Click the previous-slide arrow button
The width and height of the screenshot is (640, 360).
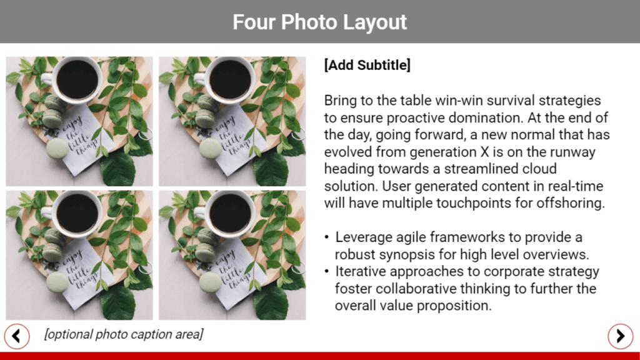coord(17,336)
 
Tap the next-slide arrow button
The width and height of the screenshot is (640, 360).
coord(621,336)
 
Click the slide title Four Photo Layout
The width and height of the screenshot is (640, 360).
coord(319,22)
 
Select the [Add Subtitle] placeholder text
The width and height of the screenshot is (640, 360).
coord(367,65)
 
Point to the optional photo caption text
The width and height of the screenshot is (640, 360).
coord(124,334)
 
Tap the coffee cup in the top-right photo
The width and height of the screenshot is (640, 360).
coord(227,79)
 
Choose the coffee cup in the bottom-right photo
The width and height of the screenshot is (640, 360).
coord(227,212)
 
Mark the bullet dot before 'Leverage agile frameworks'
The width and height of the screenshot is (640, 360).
coord(326,237)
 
